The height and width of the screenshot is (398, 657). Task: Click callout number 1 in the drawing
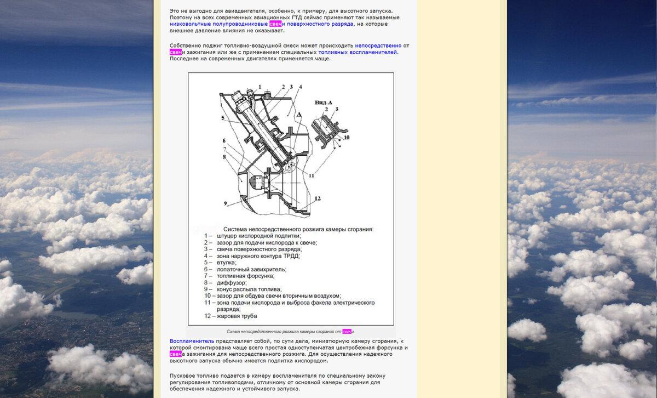click(260, 86)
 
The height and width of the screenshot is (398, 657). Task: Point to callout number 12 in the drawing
click(318, 198)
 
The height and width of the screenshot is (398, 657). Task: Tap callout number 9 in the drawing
click(225, 203)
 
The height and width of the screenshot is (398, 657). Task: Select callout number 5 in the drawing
click(223, 118)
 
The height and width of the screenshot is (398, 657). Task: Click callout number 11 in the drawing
click(311, 175)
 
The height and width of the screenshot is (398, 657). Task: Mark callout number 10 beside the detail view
click(346, 137)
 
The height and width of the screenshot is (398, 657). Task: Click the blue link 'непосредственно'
click(378, 46)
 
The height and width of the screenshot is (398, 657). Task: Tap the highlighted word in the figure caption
click(347, 332)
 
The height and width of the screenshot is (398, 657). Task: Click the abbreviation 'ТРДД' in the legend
click(291, 256)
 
